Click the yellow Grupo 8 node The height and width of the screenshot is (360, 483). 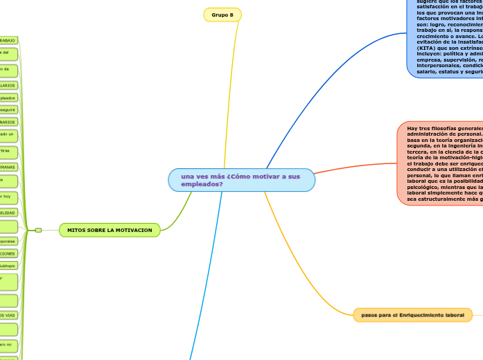pos(222,15)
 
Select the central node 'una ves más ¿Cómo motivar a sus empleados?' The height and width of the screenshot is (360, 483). pos(240,180)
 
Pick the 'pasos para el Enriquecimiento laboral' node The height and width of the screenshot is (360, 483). pos(408,315)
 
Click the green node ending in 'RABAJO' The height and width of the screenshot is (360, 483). pos(8,41)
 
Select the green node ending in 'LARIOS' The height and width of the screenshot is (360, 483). pos(8,85)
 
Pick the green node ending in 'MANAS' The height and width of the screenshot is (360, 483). pos(8,167)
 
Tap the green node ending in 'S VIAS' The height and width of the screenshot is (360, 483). pos(8,314)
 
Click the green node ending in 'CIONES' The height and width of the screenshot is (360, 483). pos(8,253)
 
